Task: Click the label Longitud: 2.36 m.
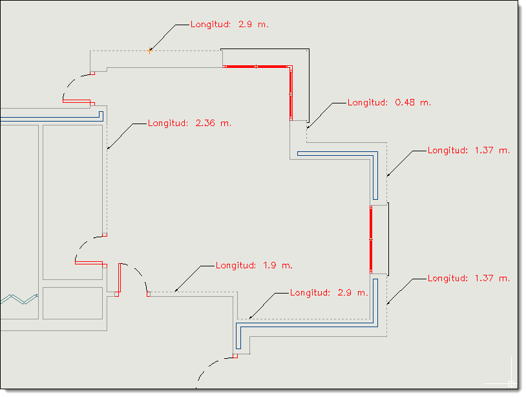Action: [x=189, y=123]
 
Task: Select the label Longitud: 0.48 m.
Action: [x=389, y=102]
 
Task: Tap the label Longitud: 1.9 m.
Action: [x=254, y=266]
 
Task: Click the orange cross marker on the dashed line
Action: [x=150, y=50]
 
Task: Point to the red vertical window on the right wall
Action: [x=371, y=239]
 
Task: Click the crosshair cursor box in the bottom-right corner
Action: [x=511, y=383]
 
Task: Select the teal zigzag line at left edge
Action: [x=19, y=299]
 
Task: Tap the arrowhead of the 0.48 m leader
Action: [x=308, y=127]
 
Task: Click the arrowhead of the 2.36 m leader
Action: [x=109, y=147]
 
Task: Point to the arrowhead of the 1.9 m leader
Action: [x=176, y=290]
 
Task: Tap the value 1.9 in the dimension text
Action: [x=269, y=266]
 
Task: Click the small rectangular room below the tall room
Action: [x=72, y=303]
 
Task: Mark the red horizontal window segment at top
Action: [x=257, y=67]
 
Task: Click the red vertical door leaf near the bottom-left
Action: [x=120, y=278]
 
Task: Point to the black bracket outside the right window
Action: [x=388, y=239]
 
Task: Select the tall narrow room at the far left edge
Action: [x=19, y=222]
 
